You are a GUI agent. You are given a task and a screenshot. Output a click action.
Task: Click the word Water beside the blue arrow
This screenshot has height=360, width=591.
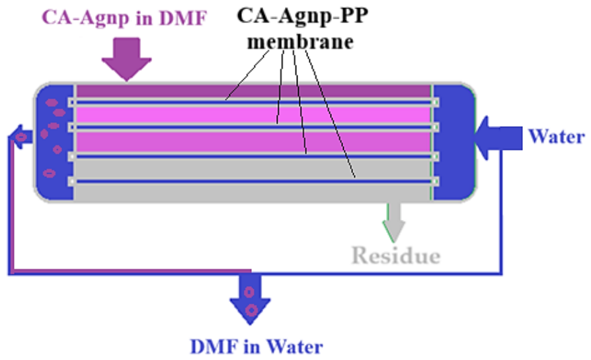point(557,136)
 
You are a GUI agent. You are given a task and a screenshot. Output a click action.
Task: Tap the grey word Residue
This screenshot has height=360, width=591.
point(396,256)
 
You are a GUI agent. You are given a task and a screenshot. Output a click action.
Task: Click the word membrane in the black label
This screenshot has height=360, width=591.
point(300,42)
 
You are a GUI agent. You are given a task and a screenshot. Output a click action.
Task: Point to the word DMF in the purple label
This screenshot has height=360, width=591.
point(183,18)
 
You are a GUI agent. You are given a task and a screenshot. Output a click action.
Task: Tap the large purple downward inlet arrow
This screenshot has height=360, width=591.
point(127,59)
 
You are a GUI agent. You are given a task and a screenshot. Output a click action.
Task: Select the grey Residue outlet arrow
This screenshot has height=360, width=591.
point(394,222)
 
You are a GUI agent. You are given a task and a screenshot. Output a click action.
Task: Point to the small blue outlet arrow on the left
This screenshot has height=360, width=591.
point(20,137)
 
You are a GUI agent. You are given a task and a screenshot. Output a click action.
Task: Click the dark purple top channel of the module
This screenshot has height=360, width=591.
point(253,91)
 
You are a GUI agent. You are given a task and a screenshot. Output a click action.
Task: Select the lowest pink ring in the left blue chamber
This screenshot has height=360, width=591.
point(50,173)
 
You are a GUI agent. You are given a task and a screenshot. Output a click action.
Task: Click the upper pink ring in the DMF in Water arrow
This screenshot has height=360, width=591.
point(249,292)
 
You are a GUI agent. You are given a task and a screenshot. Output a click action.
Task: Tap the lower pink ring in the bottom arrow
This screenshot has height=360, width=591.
point(251,310)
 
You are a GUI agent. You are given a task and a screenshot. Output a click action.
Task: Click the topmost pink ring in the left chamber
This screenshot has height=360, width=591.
point(52,102)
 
